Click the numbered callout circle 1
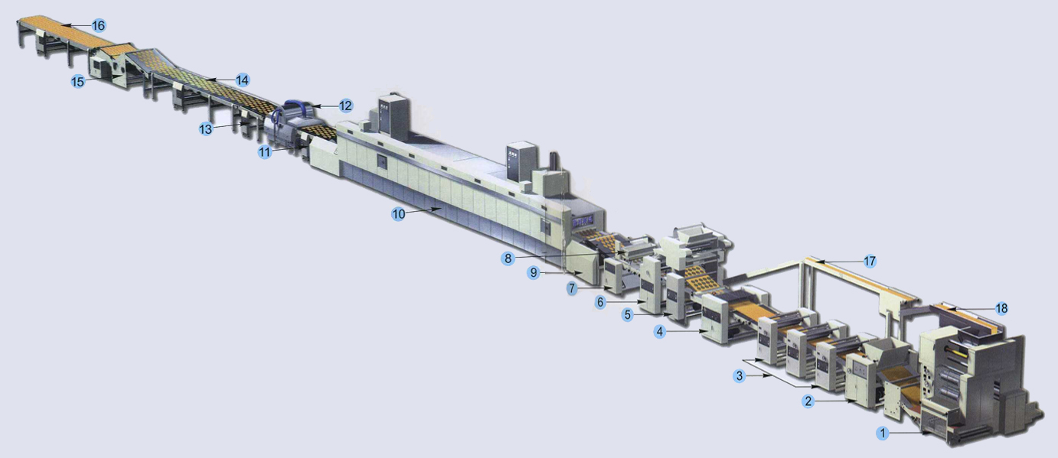883,434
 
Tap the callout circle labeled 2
808,401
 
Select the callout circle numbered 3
739,375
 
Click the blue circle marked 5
628,314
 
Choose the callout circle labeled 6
602,303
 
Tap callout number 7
572,287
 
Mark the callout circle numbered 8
508,258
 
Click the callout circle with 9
534,272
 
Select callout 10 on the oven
398,214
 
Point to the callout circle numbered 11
264,152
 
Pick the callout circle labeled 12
345,106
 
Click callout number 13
205,129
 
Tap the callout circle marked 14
242,80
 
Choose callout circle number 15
77,81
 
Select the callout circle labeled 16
98,26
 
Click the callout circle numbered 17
869,261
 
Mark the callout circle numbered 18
1001,308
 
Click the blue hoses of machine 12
295,109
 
